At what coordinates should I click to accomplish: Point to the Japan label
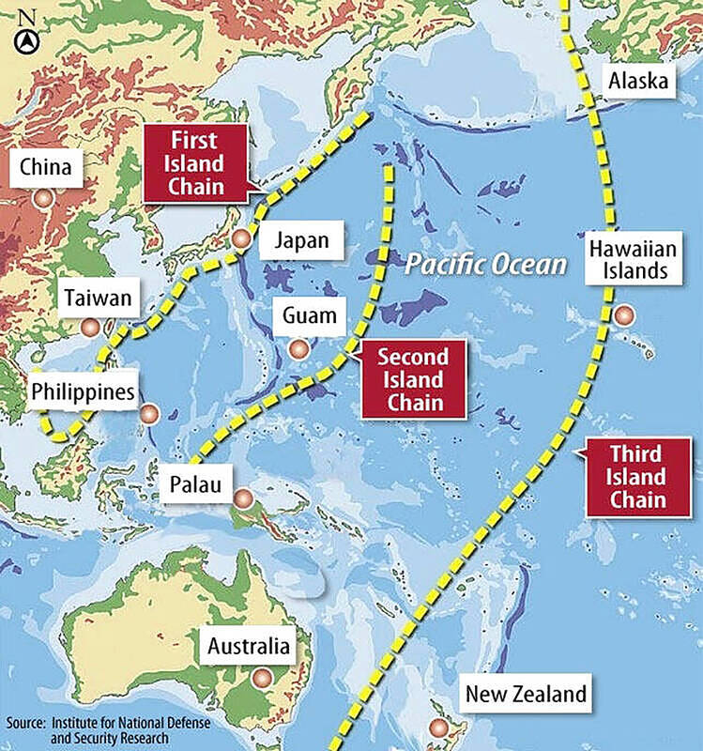pos(301,240)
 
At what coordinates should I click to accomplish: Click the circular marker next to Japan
pos(241,238)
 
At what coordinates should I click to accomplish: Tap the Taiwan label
pos(98,300)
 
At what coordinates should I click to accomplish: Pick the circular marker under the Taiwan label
pos(90,328)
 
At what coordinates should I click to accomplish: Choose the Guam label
pos(309,315)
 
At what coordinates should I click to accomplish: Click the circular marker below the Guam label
pos(298,349)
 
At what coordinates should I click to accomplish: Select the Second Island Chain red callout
pos(412,380)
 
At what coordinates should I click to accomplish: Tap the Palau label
pos(195,485)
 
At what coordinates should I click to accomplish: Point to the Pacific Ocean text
pos(486,264)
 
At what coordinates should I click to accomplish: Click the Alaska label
pos(638,82)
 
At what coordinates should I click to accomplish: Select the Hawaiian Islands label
pos(628,260)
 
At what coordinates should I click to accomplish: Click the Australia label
pos(249,647)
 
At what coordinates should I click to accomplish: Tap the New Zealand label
pos(526,695)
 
